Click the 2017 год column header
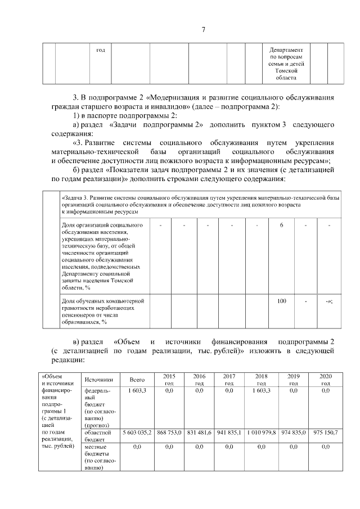(229, 379)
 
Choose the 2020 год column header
(325, 379)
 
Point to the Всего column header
(137, 380)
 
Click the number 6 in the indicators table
(281, 226)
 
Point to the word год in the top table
(101, 50)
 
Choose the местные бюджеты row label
(98, 457)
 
